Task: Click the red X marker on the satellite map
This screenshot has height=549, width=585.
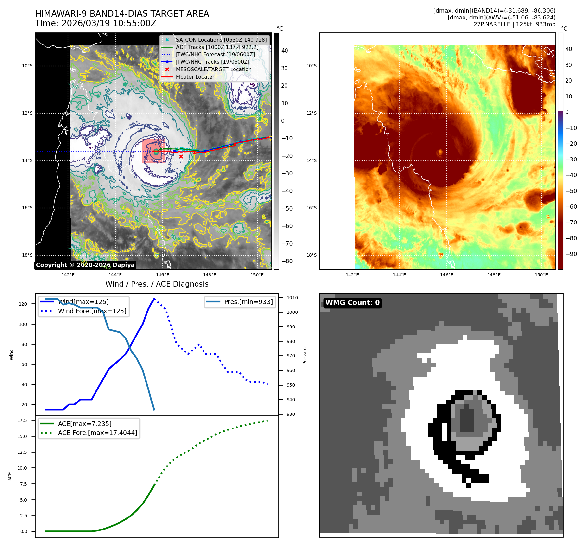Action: pos(181,157)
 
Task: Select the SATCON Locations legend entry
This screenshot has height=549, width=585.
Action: pos(221,40)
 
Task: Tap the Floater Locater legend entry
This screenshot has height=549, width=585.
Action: pos(195,77)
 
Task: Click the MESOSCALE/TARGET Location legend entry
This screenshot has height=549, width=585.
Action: pos(213,69)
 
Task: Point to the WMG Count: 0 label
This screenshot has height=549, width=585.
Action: pos(352,303)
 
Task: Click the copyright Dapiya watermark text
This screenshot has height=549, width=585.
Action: pos(85,265)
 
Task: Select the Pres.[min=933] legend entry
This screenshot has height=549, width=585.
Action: pos(248,302)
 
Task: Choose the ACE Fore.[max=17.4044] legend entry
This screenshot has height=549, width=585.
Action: pos(97,433)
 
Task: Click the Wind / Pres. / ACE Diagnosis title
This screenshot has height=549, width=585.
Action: pos(157,284)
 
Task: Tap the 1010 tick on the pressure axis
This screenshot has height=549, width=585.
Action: pos(292,298)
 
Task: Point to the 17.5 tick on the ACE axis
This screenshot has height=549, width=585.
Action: pos(22,420)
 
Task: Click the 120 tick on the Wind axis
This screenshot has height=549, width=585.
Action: pos(23,304)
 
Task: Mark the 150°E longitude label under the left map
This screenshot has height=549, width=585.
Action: pos(257,275)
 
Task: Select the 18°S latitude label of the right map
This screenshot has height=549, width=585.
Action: pos(311,255)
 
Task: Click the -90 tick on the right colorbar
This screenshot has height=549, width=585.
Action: pos(571,254)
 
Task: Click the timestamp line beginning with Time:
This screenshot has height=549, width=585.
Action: pos(96,23)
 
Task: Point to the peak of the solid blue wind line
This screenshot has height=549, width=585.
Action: pos(154,298)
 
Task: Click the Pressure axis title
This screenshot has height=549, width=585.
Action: pos(305,355)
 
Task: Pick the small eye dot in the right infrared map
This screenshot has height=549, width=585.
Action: pos(440,152)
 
